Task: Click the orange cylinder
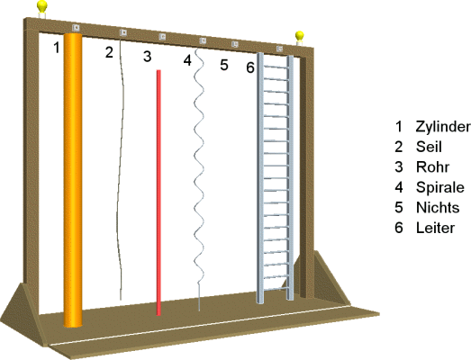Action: point(73,180)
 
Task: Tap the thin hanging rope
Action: point(121,168)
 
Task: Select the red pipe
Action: point(159,193)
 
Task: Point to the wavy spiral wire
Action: point(198,180)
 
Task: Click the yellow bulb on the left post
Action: point(42,6)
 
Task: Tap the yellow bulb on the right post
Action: point(300,36)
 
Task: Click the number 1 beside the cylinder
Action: point(57,48)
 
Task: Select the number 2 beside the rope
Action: point(109,52)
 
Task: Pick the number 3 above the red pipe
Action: point(147,57)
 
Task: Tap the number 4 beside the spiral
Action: point(187,60)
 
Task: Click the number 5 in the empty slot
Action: point(224,65)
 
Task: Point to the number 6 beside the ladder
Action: point(250,67)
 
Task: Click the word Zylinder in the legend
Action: point(443,127)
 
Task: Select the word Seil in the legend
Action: point(429,147)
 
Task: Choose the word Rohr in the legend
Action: point(432,166)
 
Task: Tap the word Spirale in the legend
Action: point(440,187)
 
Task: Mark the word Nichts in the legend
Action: point(438,208)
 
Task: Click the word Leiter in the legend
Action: point(435,228)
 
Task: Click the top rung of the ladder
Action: point(276,67)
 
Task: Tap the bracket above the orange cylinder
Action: point(76,28)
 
